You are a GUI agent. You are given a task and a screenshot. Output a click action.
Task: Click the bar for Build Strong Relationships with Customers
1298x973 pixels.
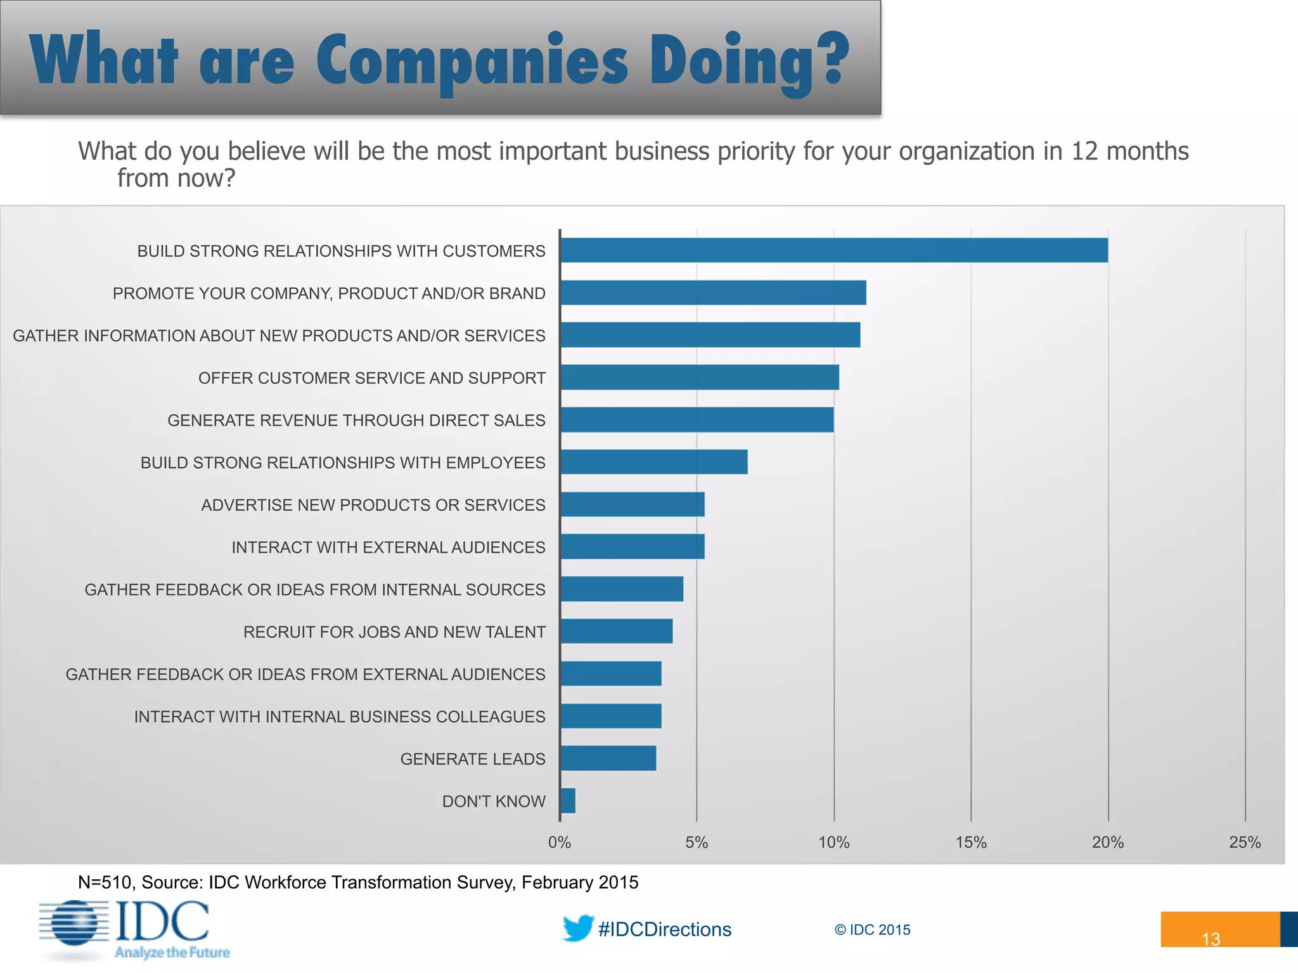pyautogui.click(x=834, y=250)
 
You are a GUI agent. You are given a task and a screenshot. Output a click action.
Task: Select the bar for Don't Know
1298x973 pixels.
pyautogui.click(x=569, y=801)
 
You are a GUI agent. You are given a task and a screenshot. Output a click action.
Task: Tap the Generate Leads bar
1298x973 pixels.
pyautogui.click(x=608, y=758)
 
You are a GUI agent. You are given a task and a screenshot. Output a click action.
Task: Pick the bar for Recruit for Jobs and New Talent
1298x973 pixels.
pyautogui.click(x=617, y=631)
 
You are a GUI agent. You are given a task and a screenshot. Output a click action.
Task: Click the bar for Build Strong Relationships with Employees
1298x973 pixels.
pyautogui.click(x=654, y=462)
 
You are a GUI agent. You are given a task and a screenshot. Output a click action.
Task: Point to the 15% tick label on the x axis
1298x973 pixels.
pyautogui.click(x=971, y=843)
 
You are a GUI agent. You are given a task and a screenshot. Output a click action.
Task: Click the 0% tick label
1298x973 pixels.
pyautogui.click(x=560, y=843)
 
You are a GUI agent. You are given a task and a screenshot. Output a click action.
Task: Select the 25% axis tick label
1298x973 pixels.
pyautogui.click(x=1245, y=843)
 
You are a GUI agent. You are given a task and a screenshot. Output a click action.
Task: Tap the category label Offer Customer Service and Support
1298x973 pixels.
pyautogui.click(x=372, y=378)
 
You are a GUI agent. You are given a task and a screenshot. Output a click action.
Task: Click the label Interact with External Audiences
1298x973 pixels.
pyautogui.click(x=388, y=547)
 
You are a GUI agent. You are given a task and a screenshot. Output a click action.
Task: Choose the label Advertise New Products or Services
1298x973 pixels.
pyautogui.click(x=373, y=505)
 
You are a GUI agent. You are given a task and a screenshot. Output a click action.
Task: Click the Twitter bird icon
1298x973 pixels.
pyautogui.click(x=577, y=928)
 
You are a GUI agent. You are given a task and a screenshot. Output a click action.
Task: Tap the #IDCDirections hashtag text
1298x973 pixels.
pyautogui.click(x=665, y=929)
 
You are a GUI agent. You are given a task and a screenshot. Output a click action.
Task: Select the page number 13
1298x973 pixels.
pyautogui.click(x=1211, y=939)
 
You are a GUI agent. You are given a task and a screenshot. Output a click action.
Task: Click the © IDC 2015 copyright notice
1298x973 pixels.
pyautogui.click(x=872, y=930)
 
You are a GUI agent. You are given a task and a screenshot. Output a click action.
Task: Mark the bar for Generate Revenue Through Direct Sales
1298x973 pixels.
pyautogui.click(x=697, y=419)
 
